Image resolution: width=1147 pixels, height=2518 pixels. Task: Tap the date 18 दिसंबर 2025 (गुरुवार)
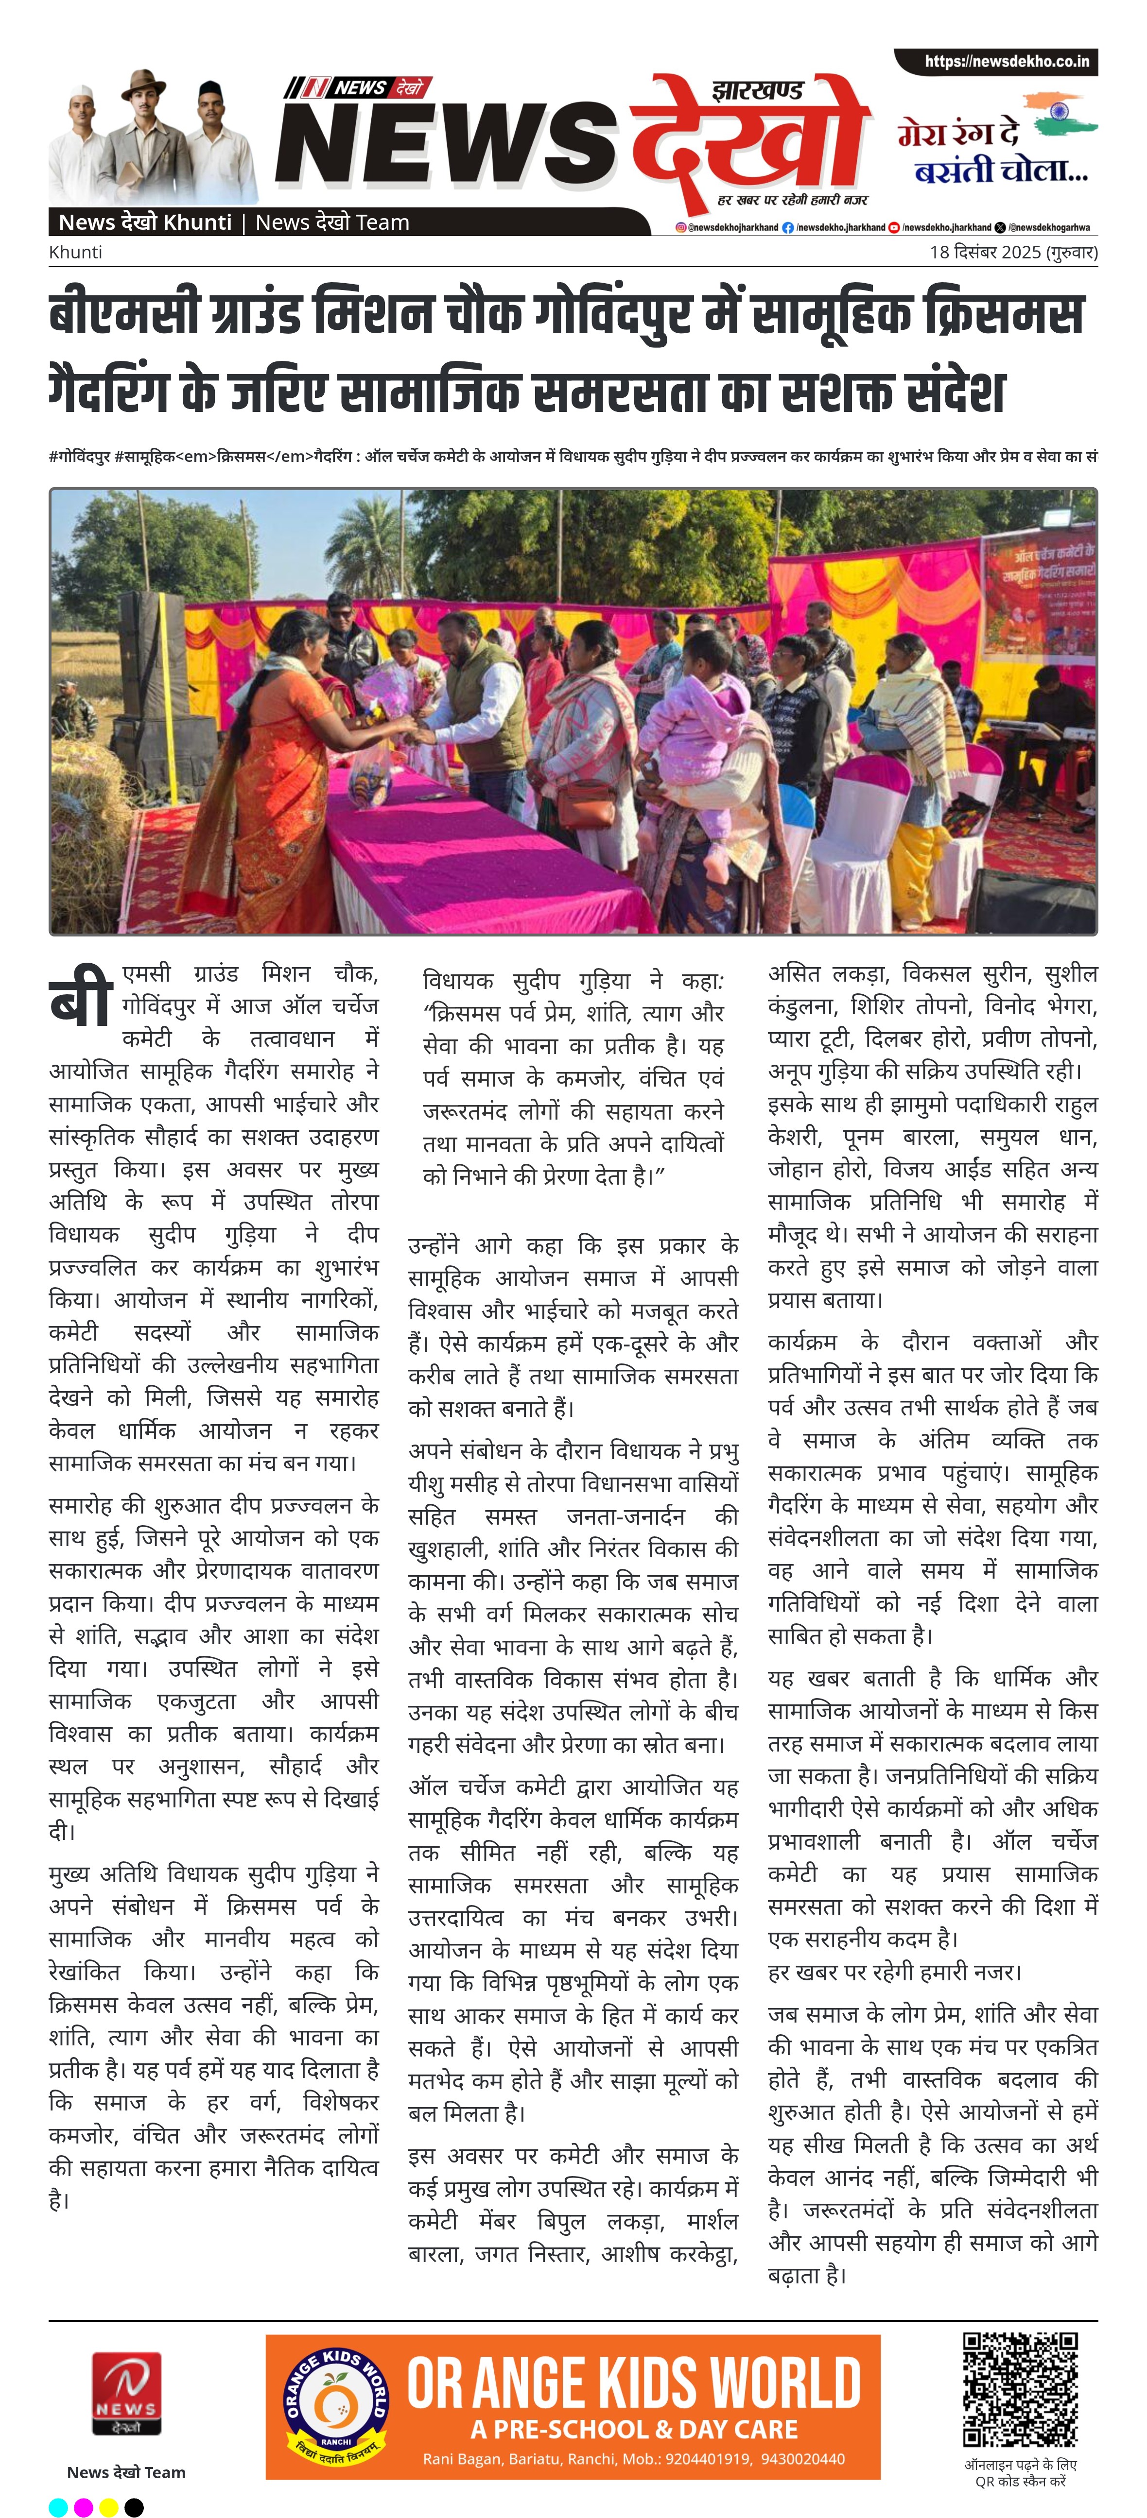tap(1013, 252)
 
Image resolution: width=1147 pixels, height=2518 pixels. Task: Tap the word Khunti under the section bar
tap(75, 252)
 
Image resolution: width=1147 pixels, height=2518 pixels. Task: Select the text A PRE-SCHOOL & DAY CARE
tap(634, 2430)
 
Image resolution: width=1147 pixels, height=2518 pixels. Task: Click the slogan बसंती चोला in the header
tap(999, 171)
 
